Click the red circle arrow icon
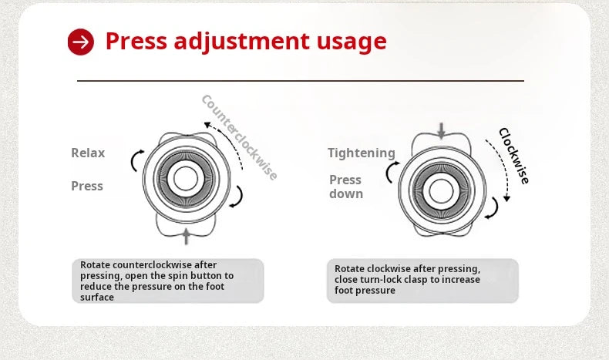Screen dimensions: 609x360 pyautogui.click(x=81, y=42)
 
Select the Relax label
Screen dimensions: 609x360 pyautogui.click(x=88, y=153)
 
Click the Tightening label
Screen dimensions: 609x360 pyautogui.click(x=362, y=153)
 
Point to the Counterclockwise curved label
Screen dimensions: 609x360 pyautogui.click(x=239, y=137)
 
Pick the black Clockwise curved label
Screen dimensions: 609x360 pyautogui.click(x=514, y=156)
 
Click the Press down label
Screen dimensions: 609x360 pyautogui.click(x=346, y=187)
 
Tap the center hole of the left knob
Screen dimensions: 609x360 pyautogui.click(x=186, y=178)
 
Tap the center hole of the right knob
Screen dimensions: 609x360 pyautogui.click(x=441, y=190)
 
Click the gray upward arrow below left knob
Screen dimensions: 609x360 pyautogui.click(x=187, y=237)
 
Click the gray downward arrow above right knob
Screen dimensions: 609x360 pyautogui.click(x=441, y=131)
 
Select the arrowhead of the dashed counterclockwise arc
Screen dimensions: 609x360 pyautogui.click(x=207, y=125)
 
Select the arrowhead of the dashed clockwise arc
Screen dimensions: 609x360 pyautogui.click(x=506, y=198)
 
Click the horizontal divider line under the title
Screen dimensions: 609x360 pyautogui.click(x=301, y=81)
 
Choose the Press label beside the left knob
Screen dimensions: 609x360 pyautogui.click(x=87, y=186)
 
